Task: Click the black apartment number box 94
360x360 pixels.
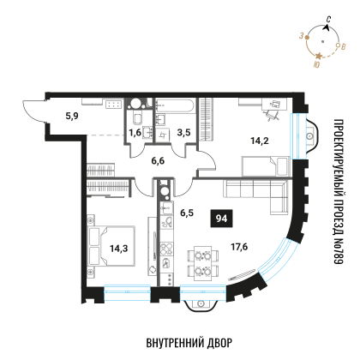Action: [221, 219]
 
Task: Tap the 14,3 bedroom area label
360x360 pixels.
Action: [119, 249]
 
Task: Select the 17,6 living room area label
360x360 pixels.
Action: [239, 247]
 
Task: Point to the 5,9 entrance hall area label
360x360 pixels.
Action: [72, 116]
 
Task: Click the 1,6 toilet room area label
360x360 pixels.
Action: [135, 133]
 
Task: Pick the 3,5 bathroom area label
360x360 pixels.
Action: [183, 133]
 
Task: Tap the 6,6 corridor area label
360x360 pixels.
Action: [158, 161]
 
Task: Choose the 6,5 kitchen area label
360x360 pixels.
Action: [187, 213]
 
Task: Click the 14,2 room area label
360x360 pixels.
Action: [260, 141]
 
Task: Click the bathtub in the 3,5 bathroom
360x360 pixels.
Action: [175, 106]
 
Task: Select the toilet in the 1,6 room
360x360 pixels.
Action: [137, 118]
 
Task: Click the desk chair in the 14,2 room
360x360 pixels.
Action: [270, 115]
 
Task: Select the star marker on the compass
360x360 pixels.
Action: [319, 56]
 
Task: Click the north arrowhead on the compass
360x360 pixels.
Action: [326, 27]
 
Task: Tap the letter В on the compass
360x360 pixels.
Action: [344, 46]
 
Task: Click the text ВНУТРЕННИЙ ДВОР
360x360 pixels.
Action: [189, 343]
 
